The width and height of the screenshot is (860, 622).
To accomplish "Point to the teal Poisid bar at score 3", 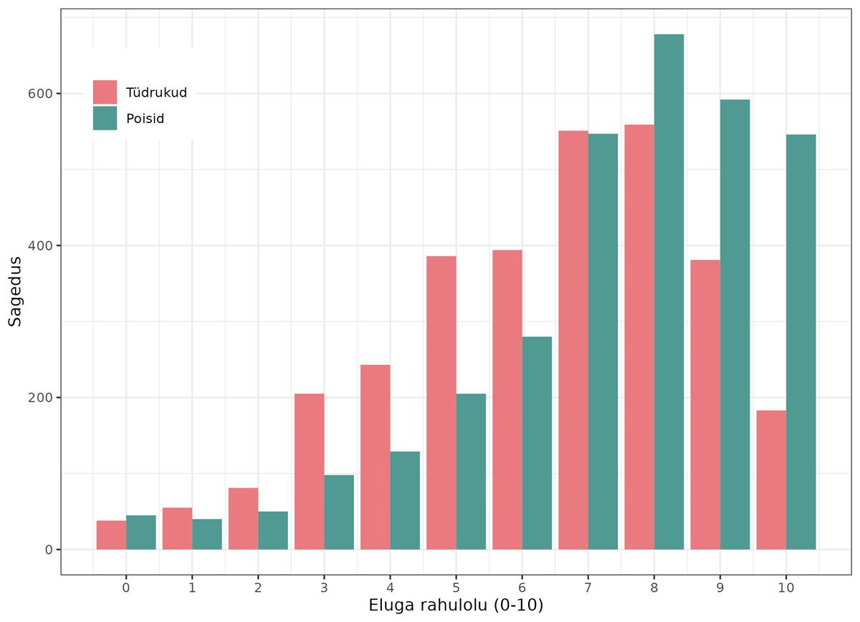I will point(339,512).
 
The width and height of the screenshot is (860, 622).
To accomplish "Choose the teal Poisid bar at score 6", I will point(537,443).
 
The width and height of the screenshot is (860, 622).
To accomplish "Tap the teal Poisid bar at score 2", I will point(273,530).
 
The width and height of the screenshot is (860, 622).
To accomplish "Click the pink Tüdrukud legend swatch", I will point(105,92).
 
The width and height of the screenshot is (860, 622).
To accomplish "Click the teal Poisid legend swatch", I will point(105,118).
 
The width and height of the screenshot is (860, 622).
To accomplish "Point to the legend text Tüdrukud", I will point(156,92).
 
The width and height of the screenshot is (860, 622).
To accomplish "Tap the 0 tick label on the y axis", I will point(49,550).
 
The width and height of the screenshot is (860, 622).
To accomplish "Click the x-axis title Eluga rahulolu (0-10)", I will point(456,606).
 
